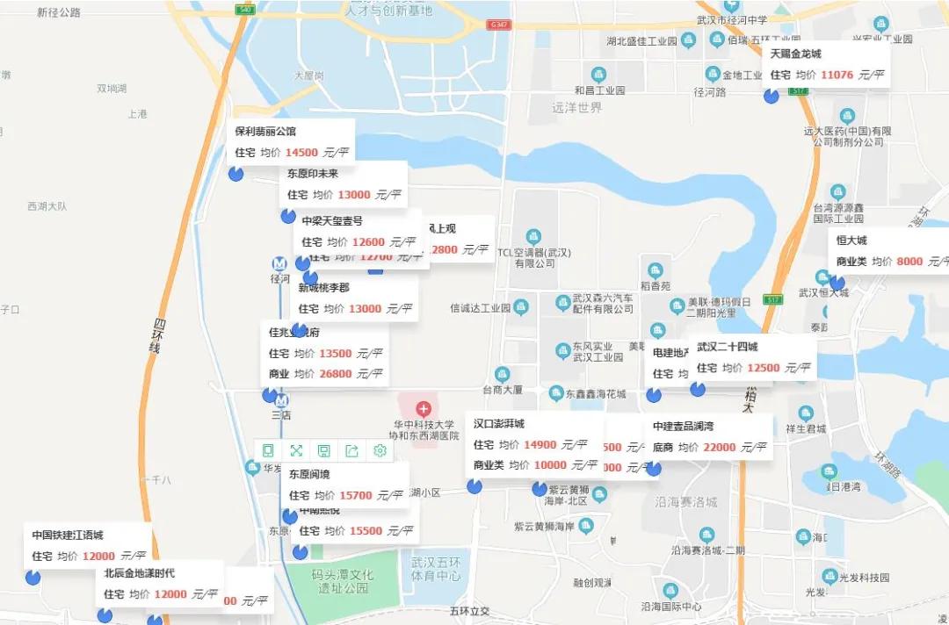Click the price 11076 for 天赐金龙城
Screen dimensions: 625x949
[x=837, y=75]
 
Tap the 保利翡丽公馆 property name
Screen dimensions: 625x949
[x=265, y=132]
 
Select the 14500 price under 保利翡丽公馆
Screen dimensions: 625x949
[x=301, y=153]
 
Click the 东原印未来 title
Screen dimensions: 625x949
[x=312, y=173]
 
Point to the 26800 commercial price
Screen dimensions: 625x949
[x=335, y=374]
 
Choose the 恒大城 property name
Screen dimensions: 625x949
[x=851, y=241]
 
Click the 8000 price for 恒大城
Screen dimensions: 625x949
[x=909, y=262]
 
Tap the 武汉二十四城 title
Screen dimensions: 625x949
[x=727, y=347]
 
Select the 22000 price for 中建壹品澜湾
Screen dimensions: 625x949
[x=719, y=447]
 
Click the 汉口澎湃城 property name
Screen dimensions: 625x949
[x=498, y=424]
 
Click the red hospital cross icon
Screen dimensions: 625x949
[x=424, y=408]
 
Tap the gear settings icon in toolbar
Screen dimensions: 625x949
[x=380, y=450]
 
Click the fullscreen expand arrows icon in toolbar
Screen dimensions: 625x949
[x=296, y=450]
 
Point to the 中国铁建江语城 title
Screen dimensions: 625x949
[x=68, y=535]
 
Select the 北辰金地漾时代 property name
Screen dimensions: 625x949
[x=139, y=573]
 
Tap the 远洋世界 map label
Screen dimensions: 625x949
[x=577, y=108]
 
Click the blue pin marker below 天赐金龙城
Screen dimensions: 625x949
[x=772, y=96]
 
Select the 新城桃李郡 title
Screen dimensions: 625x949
[x=323, y=287]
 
